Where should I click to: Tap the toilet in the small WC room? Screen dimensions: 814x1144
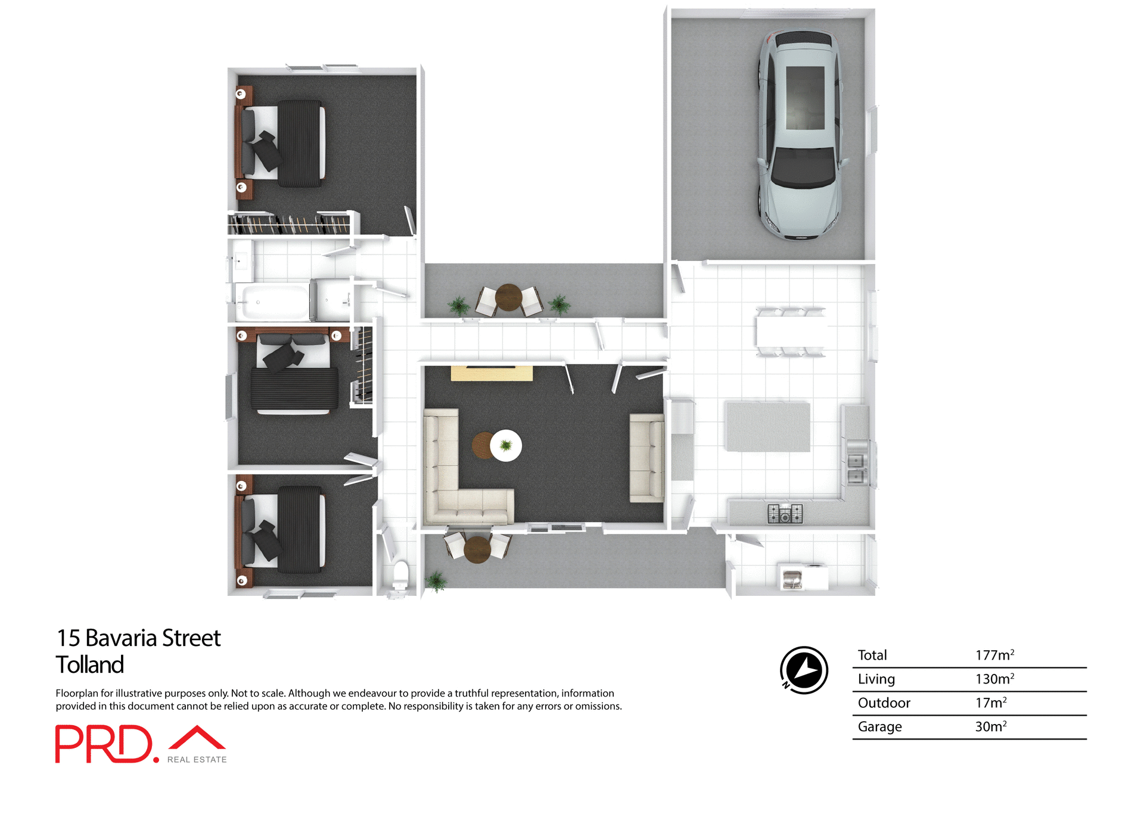pyautogui.click(x=400, y=574)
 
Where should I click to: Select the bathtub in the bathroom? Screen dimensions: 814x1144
pyautogui.click(x=272, y=302)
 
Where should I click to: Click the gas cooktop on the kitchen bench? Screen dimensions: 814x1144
pyautogui.click(x=785, y=514)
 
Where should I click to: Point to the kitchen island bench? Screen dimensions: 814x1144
pyautogui.click(x=767, y=427)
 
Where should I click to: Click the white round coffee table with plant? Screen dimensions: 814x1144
pyautogui.click(x=506, y=445)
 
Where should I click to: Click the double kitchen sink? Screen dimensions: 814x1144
pyautogui.click(x=856, y=468)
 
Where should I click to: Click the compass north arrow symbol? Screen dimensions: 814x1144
pyautogui.click(x=804, y=670)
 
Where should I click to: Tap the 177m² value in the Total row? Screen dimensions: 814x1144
pyautogui.click(x=994, y=655)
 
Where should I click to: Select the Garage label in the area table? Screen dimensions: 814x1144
pyautogui.click(x=879, y=727)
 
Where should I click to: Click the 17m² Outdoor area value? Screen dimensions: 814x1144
pyautogui.click(x=990, y=703)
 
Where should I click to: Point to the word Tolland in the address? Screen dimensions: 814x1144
pyautogui.click(x=90, y=665)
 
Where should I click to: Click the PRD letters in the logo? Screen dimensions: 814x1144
pyautogui.click(x=104, y=744)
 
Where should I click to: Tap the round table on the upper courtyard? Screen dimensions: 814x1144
pyautogui.click(x=508, y=297)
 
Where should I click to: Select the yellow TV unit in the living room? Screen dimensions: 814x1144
pyautogui.click(x=492, y=374)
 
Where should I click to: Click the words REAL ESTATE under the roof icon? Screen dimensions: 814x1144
pyautogui.click(x=197, y=760)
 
